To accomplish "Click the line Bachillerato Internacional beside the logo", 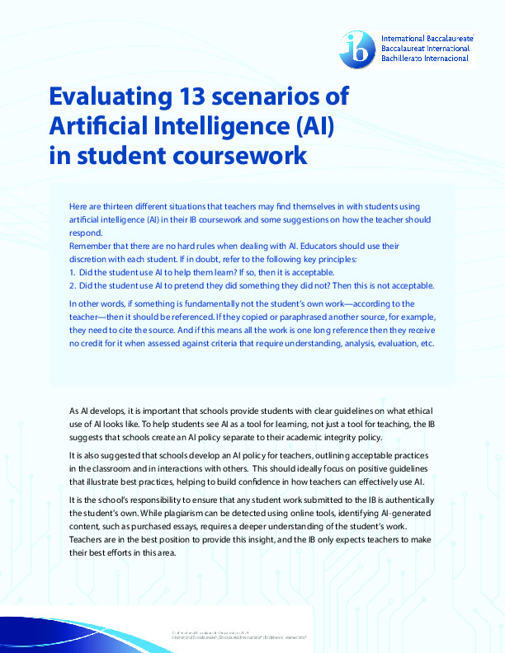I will coord(424,59).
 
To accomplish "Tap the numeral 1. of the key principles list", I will coord(73,272).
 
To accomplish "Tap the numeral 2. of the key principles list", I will coord(73,285).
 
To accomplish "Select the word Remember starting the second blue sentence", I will coord(92,247).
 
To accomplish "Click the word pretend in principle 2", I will coord(209,285).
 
